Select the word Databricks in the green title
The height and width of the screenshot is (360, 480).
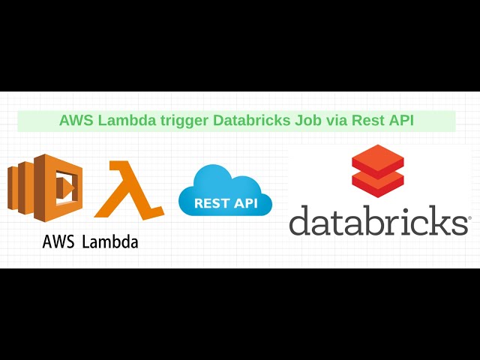tap(251, 121)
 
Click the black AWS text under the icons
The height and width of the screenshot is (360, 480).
tap(58, 242)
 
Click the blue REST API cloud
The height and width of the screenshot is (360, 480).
tap(224, 190)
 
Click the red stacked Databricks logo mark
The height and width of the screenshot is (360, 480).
tap(377, 172)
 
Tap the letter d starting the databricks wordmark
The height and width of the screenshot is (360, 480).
tap(300, 220)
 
